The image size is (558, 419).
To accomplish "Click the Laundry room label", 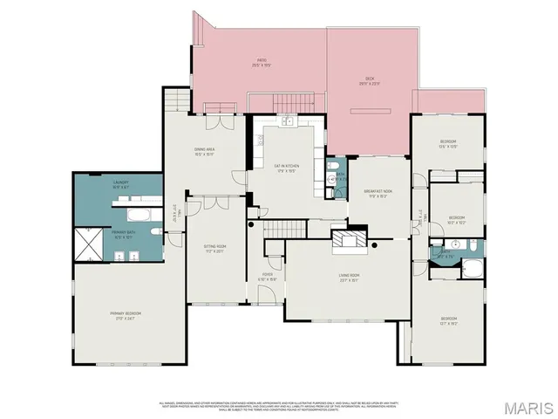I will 120,186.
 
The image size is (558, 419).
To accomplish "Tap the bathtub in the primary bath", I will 138,213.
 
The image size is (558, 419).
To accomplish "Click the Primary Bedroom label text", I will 126,315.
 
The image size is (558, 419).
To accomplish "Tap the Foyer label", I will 266,278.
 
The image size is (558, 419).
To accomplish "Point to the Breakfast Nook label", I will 378,195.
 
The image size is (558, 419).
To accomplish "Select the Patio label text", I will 261,62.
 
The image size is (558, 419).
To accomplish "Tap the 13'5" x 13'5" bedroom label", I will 447,143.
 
